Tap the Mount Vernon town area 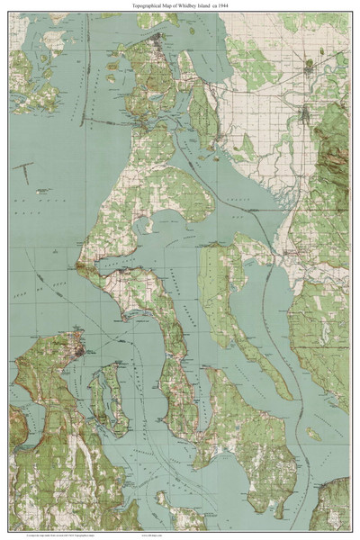pos(306,112)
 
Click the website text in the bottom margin pos(180,533)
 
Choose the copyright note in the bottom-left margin pos(54,533)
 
